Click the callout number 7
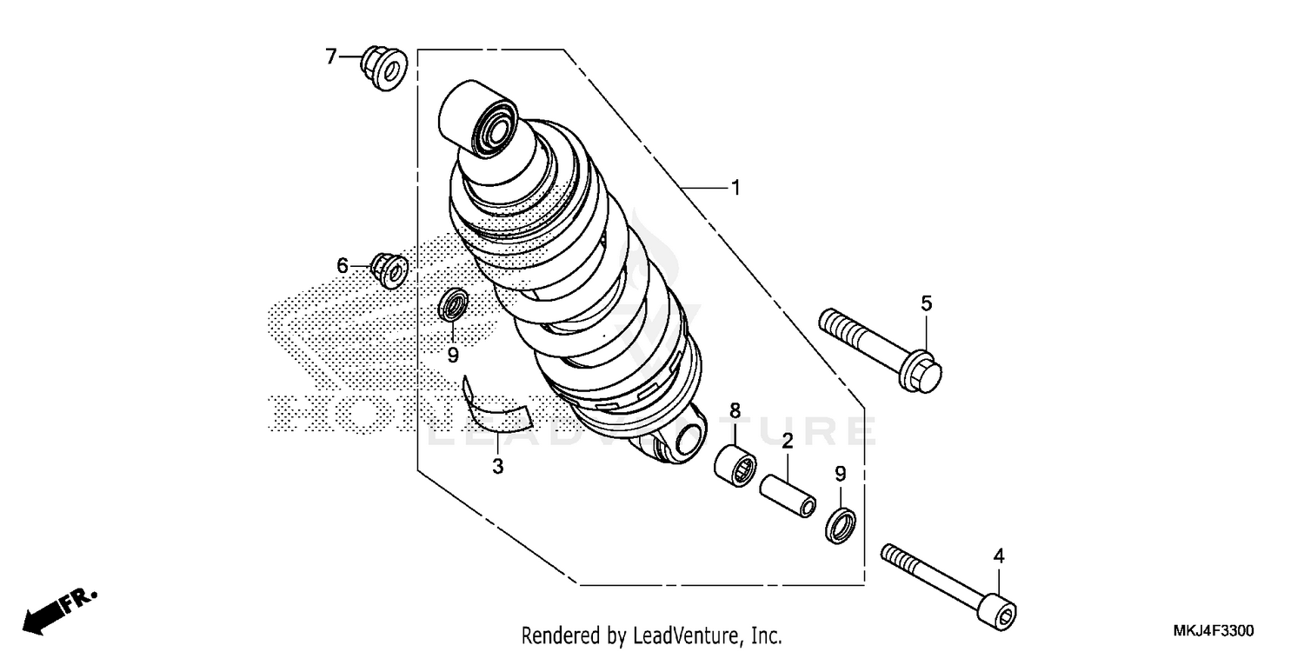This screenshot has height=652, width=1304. click(x=330, y=57)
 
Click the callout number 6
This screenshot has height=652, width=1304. click(x=343, y=265)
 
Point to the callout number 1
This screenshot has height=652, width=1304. click(x=735, y=188)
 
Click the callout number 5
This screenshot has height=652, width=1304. click(x=927, y=303)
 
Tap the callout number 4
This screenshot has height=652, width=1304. click(x=999, y=556)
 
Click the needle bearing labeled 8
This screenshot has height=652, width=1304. click(x=735, y=464)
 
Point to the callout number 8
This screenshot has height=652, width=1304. click(x=735, y=409)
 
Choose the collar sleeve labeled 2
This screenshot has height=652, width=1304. click(x=788, y=496)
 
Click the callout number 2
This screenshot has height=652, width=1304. click(x=787, y=442)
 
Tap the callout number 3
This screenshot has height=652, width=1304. click(x=497, y=467)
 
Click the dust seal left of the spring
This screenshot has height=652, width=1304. click(x=454, y=305)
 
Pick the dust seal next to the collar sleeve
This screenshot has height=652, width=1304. click(x=842, y=525)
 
